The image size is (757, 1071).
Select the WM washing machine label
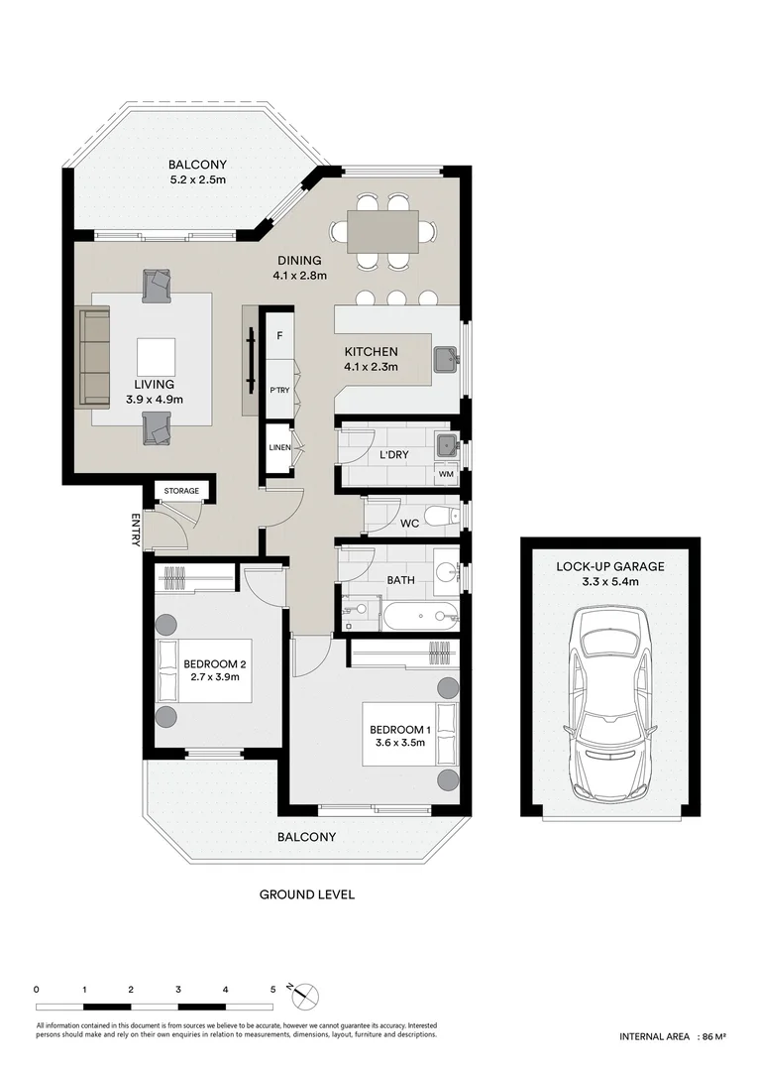coord(446,475)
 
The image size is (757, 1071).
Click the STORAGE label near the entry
coord(181,491)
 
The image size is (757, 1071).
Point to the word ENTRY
coord(136,530)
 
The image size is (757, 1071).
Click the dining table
coord(382,231)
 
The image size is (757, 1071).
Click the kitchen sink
coord(446,356)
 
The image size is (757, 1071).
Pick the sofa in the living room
coord(94,357)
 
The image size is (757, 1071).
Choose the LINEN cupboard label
coord(279,448)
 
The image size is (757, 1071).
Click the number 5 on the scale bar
coord(272,989)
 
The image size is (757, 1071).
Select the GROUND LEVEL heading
coord(306,894)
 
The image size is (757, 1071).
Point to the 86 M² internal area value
coord(712,1036)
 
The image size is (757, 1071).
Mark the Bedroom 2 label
coord(214,663)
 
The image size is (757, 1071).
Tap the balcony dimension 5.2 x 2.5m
coord(197,180)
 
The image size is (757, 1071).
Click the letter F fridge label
coord(280,336)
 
